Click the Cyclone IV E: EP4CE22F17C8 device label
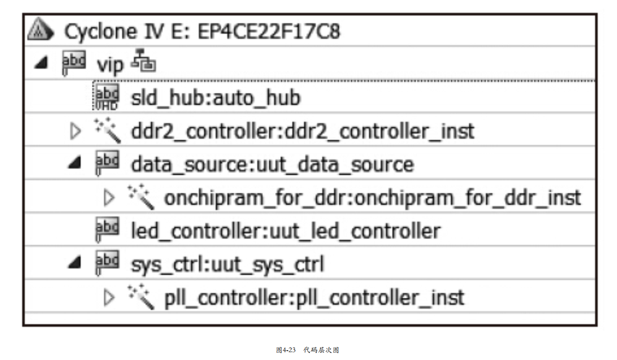pos(202,32)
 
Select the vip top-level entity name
pos(110,65)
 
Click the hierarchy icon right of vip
pos(144,64)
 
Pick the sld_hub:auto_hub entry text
pos(216,98)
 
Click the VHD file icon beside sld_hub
pos(106,97)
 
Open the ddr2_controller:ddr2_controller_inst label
pos(302,131)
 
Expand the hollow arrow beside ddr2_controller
pos(75,131)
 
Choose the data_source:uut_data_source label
pos(272,164)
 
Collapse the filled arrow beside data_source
pos(74,164)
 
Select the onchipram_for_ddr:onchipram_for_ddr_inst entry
pos(372,198)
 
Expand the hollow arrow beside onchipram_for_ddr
pos(109,198)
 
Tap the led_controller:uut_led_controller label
pos(285,231)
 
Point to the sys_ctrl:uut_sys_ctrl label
pos(227,265)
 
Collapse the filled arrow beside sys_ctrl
pos(74,264)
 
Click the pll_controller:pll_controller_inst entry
pos(314,298)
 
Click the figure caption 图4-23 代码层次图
pos(308,350)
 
